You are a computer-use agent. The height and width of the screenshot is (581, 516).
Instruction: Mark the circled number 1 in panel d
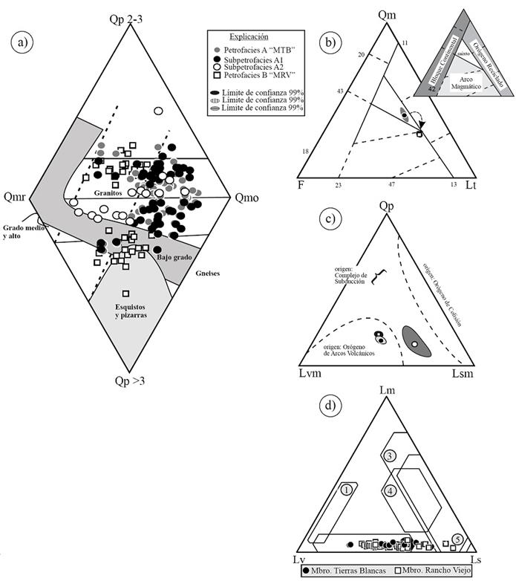coord(347,489)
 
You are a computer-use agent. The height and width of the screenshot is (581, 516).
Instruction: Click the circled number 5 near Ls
coord(459,539)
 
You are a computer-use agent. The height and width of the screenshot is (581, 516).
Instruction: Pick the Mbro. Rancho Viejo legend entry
coord(426,572)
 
